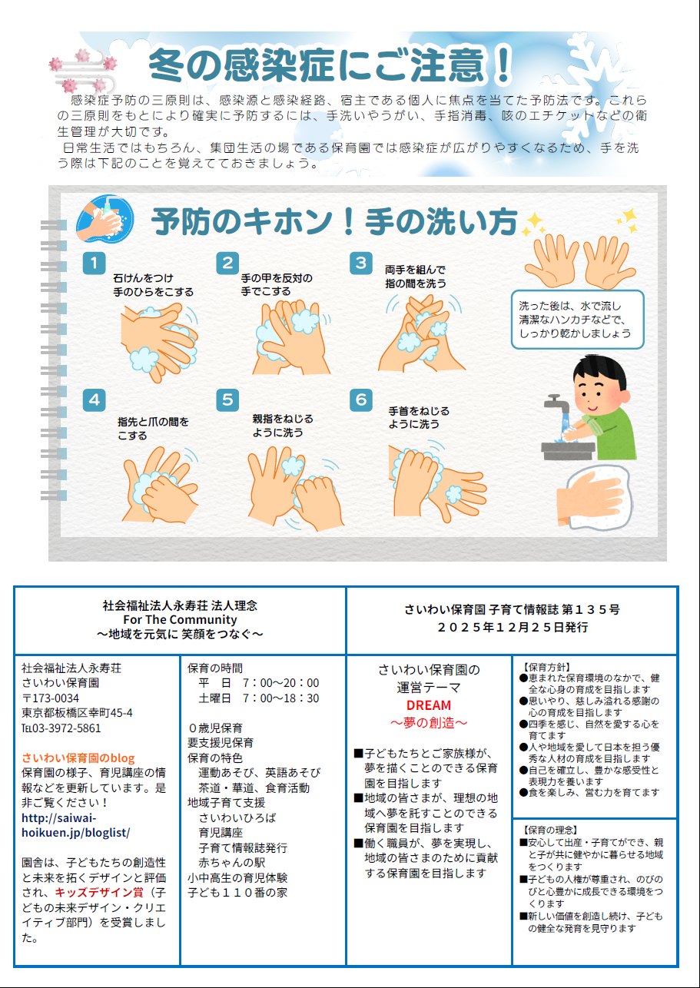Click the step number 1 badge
click(94, 263)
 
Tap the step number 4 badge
click(94, 400)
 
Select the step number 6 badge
click(361, 400)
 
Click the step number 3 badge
click(361, 263)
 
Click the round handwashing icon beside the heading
click(105, 219)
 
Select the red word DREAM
click(428, 705)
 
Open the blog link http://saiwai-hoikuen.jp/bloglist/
click(75, 825)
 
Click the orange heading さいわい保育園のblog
click(78, 758)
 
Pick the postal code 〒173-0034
click(50, 698)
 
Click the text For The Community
click(180, 620)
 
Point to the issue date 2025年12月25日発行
click(513, 627)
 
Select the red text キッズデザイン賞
click(99, 893)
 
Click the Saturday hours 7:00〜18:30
click(280, 698)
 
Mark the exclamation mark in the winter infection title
click(502, 65)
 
